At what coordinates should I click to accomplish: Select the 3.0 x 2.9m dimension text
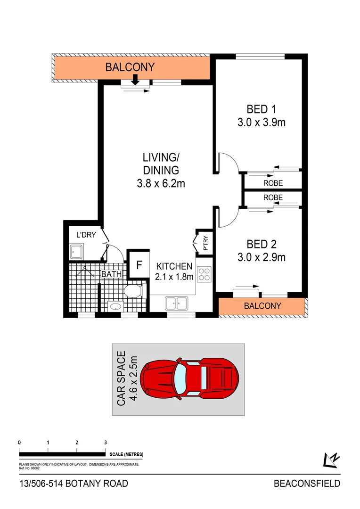262,257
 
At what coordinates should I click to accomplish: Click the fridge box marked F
139,264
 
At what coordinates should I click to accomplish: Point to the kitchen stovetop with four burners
205,274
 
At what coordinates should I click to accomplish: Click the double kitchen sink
176,303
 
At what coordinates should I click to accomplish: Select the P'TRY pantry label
205,244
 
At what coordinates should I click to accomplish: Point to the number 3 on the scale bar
106,443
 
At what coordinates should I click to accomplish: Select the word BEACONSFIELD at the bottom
307,484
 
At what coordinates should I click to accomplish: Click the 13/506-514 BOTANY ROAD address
73,484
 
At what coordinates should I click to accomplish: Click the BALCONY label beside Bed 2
262,306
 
